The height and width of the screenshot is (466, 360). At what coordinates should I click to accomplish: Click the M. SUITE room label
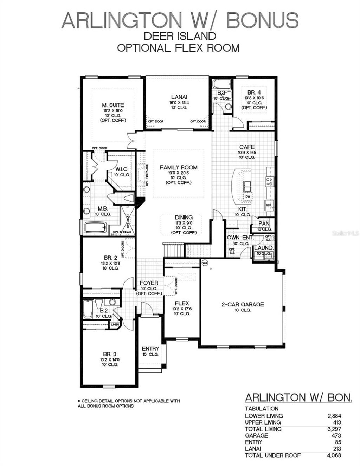click(113, 105)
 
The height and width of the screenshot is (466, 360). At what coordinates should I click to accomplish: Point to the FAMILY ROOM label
click(179, 167)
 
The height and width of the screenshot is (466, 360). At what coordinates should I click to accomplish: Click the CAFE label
click(247, 147)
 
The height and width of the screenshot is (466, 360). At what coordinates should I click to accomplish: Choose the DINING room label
click(184, 218)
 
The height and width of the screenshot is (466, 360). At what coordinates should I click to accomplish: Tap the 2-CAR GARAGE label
click(243, 304)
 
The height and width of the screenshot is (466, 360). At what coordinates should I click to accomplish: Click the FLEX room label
click(182, 303)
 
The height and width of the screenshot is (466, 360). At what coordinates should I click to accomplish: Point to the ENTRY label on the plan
click(150, 349)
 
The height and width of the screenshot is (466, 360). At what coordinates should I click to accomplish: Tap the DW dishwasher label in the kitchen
click(248, 196)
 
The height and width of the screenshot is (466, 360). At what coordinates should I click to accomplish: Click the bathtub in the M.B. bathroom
click(96, 227)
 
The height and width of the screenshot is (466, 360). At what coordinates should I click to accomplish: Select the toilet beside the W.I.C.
click(129, 198)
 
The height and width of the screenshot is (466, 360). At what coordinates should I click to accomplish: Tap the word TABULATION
click(262, 409)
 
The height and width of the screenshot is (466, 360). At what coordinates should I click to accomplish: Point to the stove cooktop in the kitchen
click(270, 181)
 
